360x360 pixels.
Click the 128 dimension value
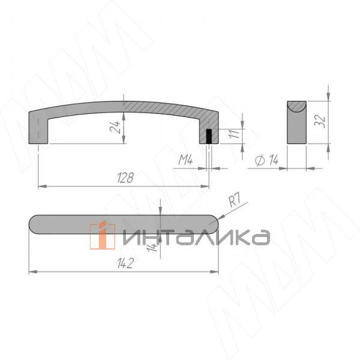(x=125, y=178)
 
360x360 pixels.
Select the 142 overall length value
(x=125, y=263)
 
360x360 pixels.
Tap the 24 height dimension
(x=115, y=127)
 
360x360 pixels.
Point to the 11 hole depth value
(x=234, y=133)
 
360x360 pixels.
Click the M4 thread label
(x=185, y=160)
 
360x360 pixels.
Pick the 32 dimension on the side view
(x=320, y=121)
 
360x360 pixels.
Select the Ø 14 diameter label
(x=267, y=160)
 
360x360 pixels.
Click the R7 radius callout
(x=235, y=200)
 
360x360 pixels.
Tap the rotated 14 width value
(x=152, y=247)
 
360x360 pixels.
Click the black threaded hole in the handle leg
(x=209, y=136)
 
